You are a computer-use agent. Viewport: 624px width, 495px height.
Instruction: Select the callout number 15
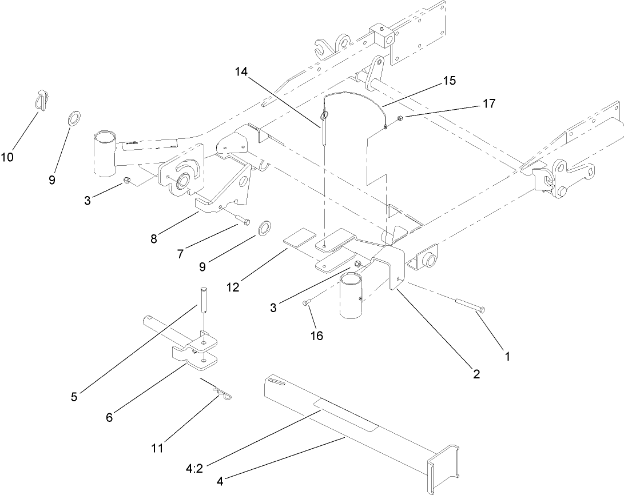coord(449,81)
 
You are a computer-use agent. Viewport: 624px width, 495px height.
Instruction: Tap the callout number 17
coord(489,103)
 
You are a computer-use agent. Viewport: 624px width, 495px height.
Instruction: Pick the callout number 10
coord(7,157)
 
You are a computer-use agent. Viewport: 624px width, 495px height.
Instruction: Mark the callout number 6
coord(109,417)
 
